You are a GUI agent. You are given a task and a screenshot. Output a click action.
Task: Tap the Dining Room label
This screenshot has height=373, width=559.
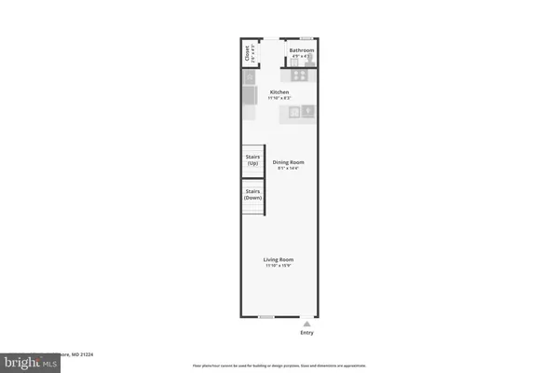pos(289,162)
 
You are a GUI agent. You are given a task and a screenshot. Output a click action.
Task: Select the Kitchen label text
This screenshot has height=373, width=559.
pos(279,92)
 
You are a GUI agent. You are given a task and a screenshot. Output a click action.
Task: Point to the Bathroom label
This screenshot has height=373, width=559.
pos(301,50)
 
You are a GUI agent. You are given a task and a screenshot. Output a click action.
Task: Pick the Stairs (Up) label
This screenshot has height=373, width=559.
pos(252,159)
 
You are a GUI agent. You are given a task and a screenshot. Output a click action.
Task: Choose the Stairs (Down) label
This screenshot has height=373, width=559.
pos(252,195)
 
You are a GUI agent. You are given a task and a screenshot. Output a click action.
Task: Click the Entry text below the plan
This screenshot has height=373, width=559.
pos(307,333)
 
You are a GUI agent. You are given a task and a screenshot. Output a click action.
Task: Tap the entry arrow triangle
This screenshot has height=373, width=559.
pos(307,324)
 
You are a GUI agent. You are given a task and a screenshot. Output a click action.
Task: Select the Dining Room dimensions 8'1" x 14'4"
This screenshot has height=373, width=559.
pos(289,169)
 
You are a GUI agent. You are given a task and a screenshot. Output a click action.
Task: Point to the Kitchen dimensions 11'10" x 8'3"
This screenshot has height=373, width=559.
pos(279,98)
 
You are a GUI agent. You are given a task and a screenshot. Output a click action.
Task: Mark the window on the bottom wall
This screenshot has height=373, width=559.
pos(266,317)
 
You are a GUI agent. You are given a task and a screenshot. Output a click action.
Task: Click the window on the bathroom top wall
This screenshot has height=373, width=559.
pos(306,39)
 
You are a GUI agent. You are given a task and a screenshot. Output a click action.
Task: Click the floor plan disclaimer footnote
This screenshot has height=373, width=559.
pos(279,365)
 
